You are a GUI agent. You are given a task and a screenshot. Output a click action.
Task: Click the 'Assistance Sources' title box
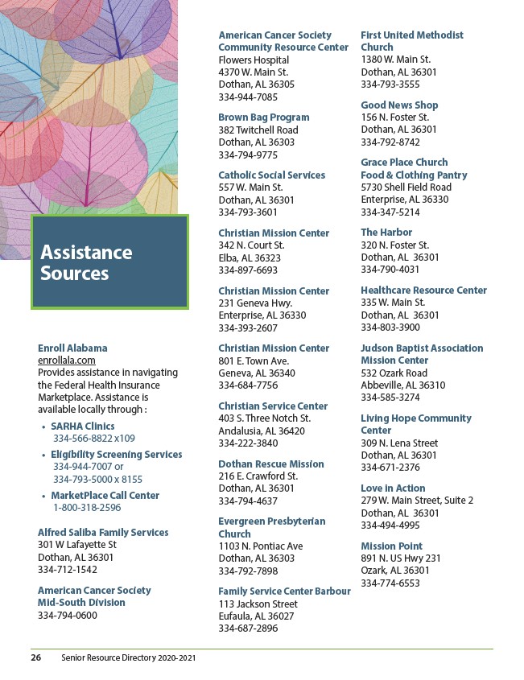(109, 262)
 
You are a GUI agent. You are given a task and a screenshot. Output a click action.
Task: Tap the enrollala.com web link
(67, 361)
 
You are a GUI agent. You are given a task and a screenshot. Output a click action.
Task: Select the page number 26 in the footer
(36, 657)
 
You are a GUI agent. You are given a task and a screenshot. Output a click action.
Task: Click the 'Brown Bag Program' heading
(264, 117)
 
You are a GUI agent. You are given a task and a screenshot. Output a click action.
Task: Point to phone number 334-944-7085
(248, 97)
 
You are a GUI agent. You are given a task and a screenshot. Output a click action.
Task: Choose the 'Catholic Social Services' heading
(272, 175)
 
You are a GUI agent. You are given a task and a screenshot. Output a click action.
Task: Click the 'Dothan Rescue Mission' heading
(271, 464)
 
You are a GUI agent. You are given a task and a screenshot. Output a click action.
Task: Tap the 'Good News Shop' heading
(399, 105)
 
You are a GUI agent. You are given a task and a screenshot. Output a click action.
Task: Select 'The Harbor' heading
(386, 233)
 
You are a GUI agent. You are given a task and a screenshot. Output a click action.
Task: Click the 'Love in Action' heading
(393, 488)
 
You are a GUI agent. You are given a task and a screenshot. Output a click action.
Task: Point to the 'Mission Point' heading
(391, 546)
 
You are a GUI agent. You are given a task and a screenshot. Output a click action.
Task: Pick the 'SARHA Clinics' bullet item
(82, 427)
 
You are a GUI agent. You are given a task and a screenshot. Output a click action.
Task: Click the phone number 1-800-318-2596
(87, 508)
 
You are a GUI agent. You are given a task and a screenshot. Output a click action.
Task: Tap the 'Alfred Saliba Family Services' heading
(103, 533)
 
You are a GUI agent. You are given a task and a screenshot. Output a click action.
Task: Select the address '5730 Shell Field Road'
(406, 188)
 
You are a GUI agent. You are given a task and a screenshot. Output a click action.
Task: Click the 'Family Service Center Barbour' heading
(284, 591)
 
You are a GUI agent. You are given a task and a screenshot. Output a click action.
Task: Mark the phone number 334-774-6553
(390, 583)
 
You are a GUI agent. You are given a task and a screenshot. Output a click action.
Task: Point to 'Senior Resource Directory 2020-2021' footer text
(128, 657)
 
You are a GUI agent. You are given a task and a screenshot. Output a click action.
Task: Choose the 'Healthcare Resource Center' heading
(423, 291)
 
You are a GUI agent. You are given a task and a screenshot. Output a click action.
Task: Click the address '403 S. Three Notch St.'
(264, 418)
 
